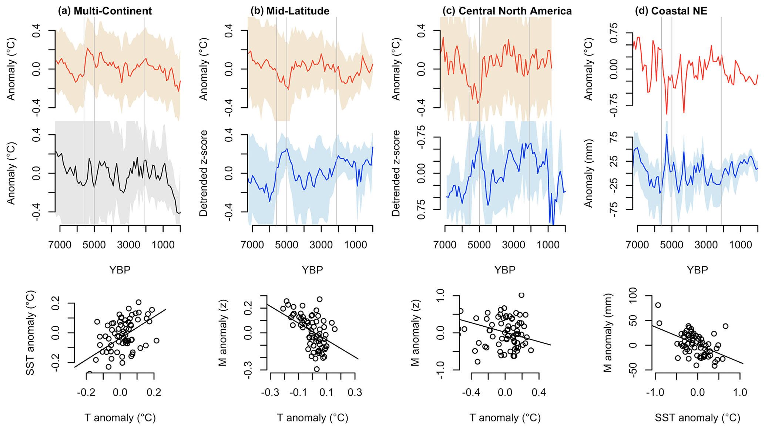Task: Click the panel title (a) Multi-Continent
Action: tap(105, 11)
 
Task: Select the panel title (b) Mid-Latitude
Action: tap(290, 11)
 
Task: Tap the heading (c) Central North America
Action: tap(507, 11)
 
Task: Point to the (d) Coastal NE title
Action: tap(671, 11)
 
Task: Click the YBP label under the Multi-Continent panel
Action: tap(120, 270)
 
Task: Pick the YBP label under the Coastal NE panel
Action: tap(698, 270)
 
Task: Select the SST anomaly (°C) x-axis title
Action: tap(698, 418)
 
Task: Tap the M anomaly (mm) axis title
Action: tap(608, 333)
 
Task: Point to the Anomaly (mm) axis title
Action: tap(588, 173)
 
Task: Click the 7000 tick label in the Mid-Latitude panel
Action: tap(252, 245)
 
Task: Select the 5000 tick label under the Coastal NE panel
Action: tap(672, 245)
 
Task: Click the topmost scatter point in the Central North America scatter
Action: tap(521, 295)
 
